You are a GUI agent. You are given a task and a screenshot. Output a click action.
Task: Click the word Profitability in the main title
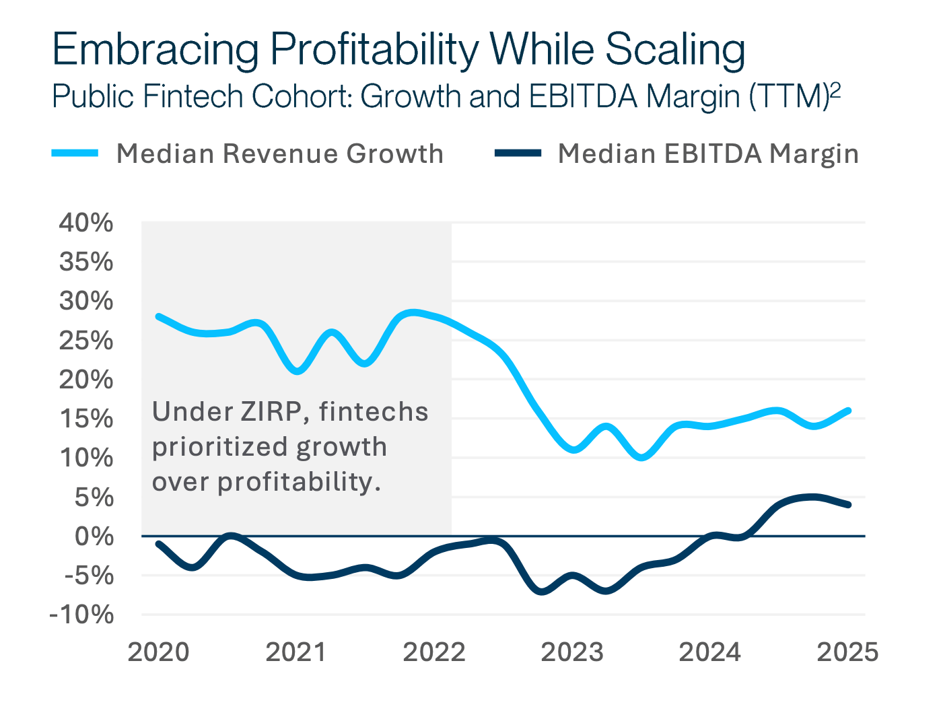click(374, 50)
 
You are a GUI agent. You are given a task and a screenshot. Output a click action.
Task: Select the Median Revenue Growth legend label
click(280, 154)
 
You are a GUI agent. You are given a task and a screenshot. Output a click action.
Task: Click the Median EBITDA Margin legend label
click(708, 154)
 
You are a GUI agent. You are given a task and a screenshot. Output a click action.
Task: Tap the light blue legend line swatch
click(75, 153)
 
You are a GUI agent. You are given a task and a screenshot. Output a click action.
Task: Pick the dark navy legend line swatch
click(518, 153)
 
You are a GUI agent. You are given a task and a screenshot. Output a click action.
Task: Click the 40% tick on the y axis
click(86, 223)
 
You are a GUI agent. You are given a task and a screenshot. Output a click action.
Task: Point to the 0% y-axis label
click(94, 536)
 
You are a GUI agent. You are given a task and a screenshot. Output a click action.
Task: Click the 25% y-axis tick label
click(86, 341)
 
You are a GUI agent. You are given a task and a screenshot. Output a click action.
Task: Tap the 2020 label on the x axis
click(158, 652)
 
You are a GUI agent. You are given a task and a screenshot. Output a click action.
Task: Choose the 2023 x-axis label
click(572, 652)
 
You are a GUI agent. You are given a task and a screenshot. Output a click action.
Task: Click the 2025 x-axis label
click(847, 652)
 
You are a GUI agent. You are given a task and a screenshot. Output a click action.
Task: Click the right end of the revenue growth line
click(848, 411)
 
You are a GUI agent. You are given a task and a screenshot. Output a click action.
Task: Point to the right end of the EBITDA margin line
click(848, 505)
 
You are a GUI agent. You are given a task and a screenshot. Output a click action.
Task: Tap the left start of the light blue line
click(158, 316)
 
